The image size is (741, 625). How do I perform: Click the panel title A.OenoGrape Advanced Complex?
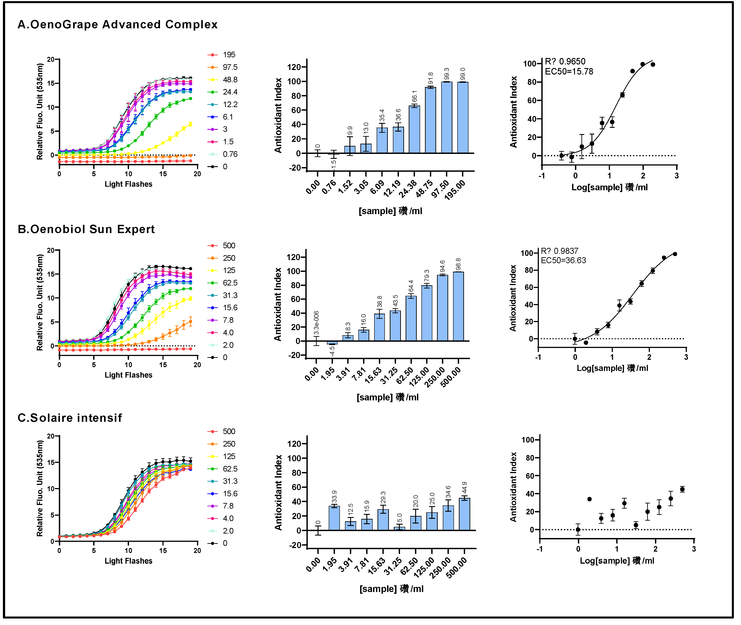pyautogui.click(x=117, y=25)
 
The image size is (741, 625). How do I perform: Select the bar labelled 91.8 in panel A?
pyautogui.click(x=430, y=120)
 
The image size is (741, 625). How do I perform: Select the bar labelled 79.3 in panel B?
pyautogui.click(x=427, y=313)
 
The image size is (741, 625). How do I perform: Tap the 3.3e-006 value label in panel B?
pyautogui.click(x=316, y=323)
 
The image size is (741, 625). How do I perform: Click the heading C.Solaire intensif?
pyautogui.click(x=70, y=418)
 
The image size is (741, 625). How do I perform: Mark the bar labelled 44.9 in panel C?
pyautogui.click(x=464, y=514)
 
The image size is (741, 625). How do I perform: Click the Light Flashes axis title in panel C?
pyautogui.click(x=128, y=561)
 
